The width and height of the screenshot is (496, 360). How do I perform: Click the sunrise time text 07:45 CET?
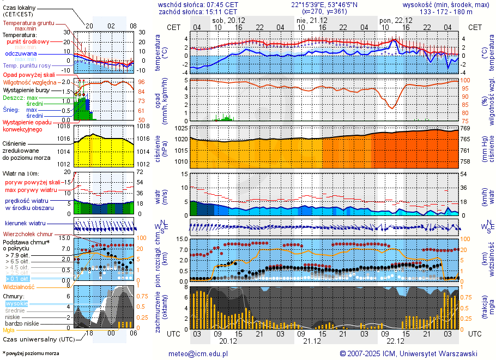tap(223, 4)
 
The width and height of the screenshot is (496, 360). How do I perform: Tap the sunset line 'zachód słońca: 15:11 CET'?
tap(197, 11)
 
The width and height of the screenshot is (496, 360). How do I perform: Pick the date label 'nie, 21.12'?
tap(309, 20)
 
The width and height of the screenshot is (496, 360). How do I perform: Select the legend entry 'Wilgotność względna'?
tap(33, 82)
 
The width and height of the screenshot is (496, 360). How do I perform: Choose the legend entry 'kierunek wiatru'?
tap(25, 224)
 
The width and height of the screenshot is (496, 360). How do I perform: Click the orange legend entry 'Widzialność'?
tap(19, 286)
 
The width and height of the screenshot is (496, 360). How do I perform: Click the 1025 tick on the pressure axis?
tap(181, 128)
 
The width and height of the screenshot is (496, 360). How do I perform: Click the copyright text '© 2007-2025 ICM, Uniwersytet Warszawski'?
tap(408, 353)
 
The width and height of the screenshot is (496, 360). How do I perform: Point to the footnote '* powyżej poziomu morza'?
tap(31, 353)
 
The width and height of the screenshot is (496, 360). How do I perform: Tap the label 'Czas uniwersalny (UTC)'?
tap(39, 339)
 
